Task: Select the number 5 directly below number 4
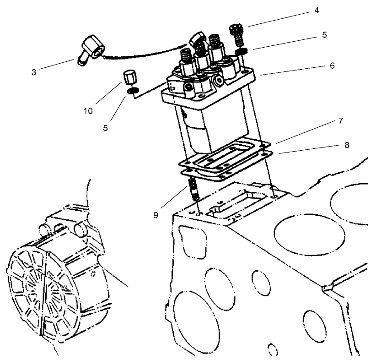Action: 324,35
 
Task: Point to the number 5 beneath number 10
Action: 106,128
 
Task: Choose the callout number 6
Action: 332,66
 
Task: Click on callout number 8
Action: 347,145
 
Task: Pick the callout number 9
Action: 156,215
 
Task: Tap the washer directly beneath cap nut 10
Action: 132,92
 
